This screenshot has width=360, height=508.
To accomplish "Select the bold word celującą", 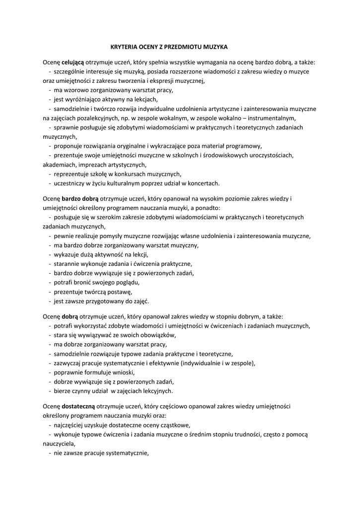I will click(72, 63).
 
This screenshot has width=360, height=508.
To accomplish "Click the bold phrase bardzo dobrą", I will click(80, 199).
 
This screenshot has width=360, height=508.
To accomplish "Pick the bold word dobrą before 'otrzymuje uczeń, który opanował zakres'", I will click(72, 316).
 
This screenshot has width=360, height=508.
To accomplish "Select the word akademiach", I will click(58, 164).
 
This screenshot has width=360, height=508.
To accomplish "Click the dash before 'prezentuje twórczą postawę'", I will click(50, 292).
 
